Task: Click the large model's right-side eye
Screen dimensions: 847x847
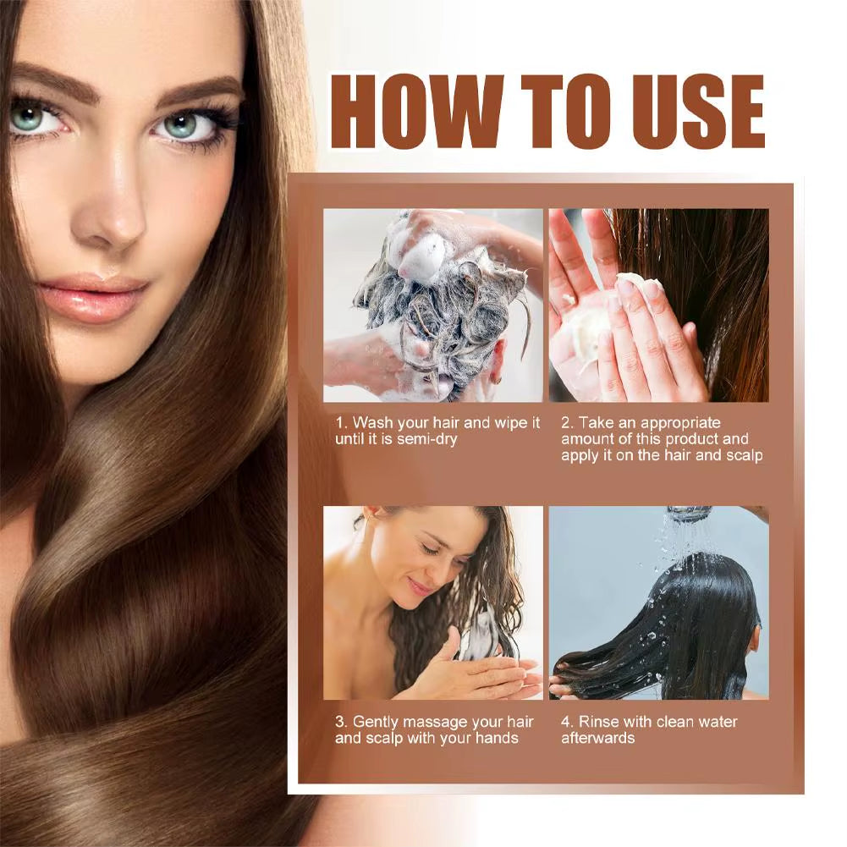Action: coord(180,125)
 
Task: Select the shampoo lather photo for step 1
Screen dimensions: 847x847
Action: coord(432,305)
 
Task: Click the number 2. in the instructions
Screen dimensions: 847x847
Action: coord(567,422)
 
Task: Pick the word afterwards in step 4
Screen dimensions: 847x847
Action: coord(597,738)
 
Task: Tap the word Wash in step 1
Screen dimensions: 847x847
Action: coord(371,422)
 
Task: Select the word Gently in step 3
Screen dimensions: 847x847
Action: coord(374,722)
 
